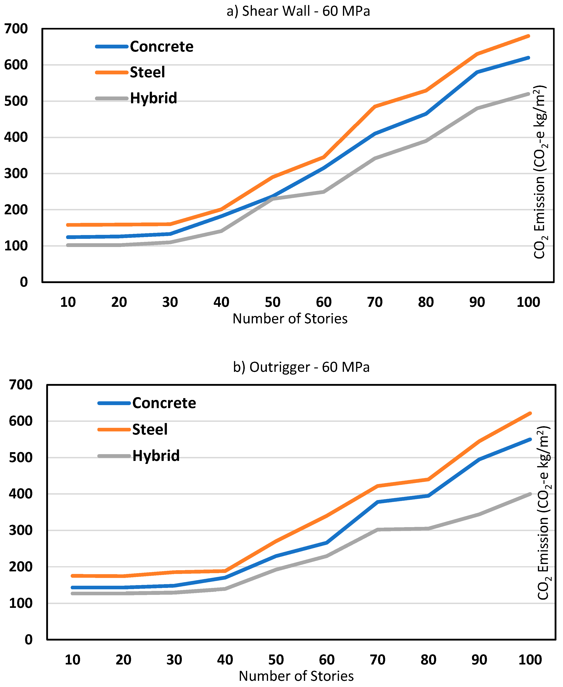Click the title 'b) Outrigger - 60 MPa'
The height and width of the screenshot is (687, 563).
pos(301,367)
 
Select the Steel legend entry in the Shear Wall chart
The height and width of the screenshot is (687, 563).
pos(147,72)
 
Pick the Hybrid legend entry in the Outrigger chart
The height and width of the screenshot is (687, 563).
pos(156,456)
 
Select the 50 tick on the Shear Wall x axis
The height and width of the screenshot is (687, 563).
pos(272,302)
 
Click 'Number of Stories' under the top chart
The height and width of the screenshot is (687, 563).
pos(290,319)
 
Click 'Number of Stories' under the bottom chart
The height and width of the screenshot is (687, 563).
pos(296,676)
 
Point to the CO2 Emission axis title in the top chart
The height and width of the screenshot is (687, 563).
pos(540,172)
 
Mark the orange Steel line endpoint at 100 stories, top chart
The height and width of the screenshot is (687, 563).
pos(528,36)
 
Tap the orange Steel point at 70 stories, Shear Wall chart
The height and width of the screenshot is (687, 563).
pos(375,106)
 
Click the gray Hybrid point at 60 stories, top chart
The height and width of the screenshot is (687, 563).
pos(324,192)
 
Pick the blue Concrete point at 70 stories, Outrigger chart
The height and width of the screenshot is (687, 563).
pos(378,502)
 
